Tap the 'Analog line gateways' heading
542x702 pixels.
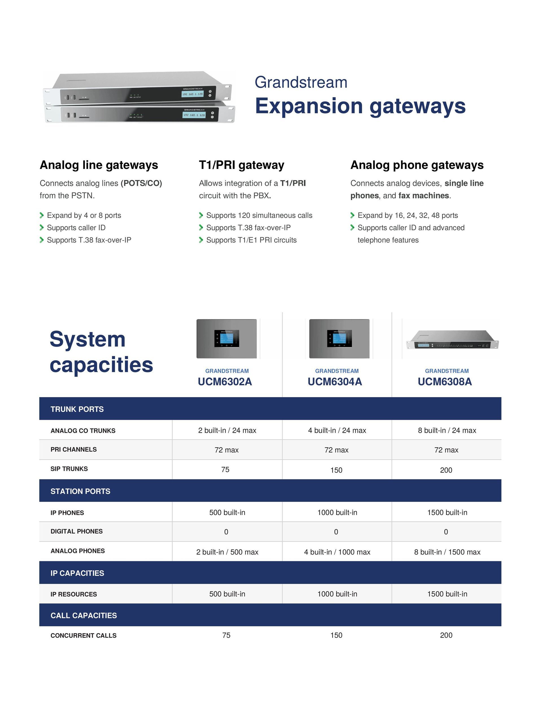tap(99, 165)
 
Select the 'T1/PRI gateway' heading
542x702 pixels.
tap(242, 165)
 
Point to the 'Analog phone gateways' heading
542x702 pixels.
tap(417, 165)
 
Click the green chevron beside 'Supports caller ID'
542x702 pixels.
tap(41, 228)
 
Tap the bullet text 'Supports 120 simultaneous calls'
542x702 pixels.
tap(259, 215)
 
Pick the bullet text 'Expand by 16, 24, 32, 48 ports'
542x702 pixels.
tap(408, 215)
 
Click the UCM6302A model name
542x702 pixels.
tap(225, 382)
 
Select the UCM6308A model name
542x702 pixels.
tap(445, 382)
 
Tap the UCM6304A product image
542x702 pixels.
tap(339, 339)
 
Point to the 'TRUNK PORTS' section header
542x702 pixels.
tap(77, 409)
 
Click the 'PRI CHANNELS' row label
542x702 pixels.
tap(74, 449)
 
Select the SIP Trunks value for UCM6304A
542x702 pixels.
tap(336, 470)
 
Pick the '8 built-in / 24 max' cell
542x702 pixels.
tap(447, 431)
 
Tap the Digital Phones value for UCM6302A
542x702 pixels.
tap(226, 532)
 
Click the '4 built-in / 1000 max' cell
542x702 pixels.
tap(337, 552)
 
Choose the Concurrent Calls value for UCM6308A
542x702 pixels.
tap(446, 635)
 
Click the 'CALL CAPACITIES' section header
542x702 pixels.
tap(84, 616)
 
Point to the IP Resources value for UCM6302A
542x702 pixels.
tap(227, 594)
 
